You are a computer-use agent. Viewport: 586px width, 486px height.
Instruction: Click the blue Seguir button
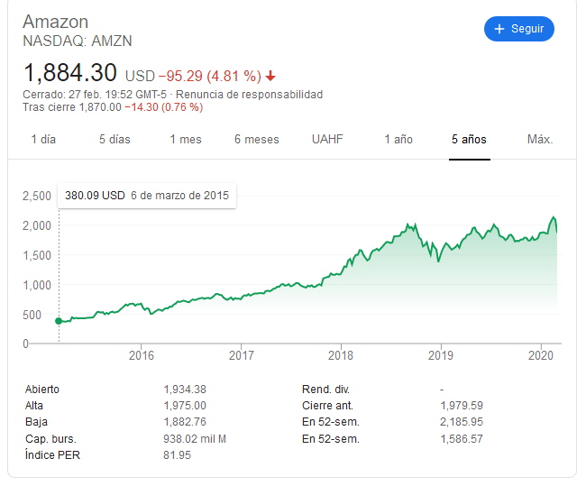(518, 29)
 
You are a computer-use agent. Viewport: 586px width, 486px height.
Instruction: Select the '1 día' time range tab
(43, 140)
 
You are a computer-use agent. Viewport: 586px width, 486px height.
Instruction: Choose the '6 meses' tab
(256, 140)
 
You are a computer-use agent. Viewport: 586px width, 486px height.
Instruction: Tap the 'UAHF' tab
(327, 140)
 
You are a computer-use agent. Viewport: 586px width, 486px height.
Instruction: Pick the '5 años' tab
(469, 140)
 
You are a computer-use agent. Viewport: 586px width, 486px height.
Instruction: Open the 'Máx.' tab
(540, 140)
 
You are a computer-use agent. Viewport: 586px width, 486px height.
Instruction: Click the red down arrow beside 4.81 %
(270, 76)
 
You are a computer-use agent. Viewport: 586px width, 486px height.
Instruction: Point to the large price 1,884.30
(70, 72)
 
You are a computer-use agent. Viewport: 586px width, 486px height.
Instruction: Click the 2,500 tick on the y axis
(37, 196)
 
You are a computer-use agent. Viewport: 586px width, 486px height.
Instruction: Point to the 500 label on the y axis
(42, 315)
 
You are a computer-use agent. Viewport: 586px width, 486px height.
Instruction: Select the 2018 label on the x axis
(341, 354)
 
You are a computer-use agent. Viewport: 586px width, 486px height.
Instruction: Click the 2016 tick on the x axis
(142, 354)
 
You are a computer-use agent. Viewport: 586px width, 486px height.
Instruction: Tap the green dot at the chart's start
(59, 320)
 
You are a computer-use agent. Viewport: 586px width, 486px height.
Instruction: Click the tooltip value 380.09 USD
(95, 195)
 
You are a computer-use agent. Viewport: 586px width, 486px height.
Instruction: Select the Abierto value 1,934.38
(185, 390)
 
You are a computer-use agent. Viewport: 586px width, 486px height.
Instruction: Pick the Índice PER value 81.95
(178, 454)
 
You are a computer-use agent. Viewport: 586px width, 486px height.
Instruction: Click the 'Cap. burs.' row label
(50, 438)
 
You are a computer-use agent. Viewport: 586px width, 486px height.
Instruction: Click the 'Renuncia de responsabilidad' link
(249, 94)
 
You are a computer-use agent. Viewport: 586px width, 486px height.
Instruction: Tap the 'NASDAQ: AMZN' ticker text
(77, 41)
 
